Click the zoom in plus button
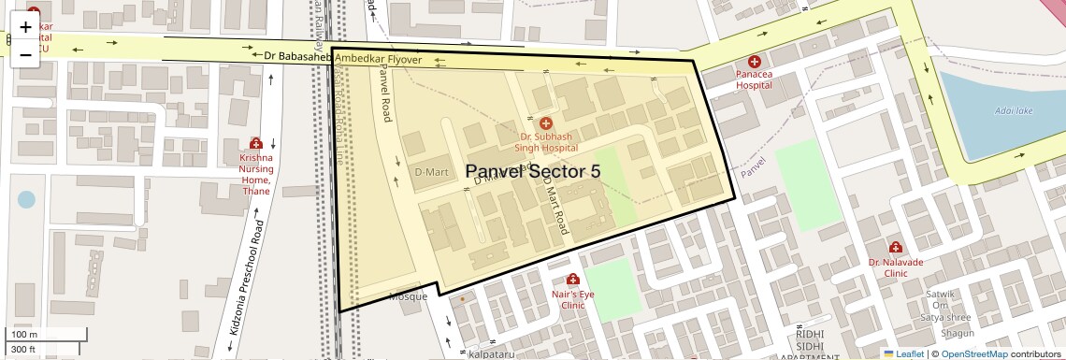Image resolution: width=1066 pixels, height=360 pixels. coord(25,27)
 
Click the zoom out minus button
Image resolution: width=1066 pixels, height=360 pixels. coord(25,54)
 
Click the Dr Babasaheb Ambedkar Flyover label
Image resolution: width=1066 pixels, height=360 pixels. coord(343,58)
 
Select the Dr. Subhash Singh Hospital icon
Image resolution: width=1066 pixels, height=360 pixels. coord(546,123)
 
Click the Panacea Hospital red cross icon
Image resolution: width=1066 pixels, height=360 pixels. coord(754,62)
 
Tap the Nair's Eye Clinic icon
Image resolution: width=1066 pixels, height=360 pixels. coord(572,280)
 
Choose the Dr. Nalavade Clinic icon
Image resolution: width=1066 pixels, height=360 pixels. coord(896,248)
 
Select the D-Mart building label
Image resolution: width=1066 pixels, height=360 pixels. coord(431,172)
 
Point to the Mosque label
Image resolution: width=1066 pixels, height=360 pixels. coord(408,296)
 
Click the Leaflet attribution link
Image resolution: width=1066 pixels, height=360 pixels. coord(902,353)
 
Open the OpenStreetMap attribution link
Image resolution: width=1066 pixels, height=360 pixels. coord(973,353)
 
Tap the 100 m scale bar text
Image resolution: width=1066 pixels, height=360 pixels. coord(24,335)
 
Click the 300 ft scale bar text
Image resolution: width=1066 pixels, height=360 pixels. coord(23,350)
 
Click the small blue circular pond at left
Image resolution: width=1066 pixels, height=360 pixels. coord(26,199)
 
